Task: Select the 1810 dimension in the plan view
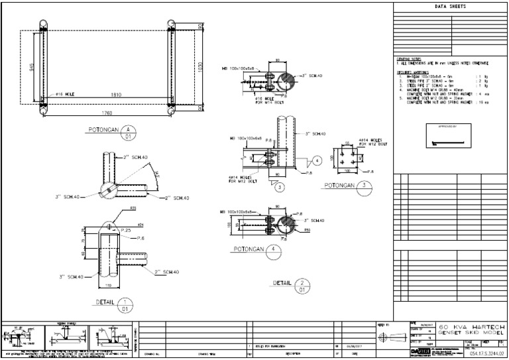(x=115, y=95)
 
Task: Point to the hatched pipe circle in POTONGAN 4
(x=286, y=223)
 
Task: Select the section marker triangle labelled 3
(x=281, y=188)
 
